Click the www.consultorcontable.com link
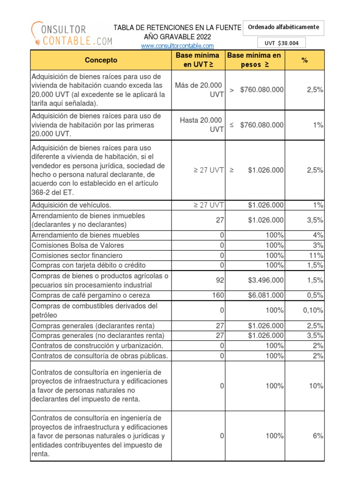(177, 45)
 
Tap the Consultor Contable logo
(72, 34)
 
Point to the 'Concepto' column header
(101, 60)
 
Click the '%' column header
(305, 60)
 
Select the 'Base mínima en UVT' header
(197, 60)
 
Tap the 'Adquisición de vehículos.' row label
(71, 205)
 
